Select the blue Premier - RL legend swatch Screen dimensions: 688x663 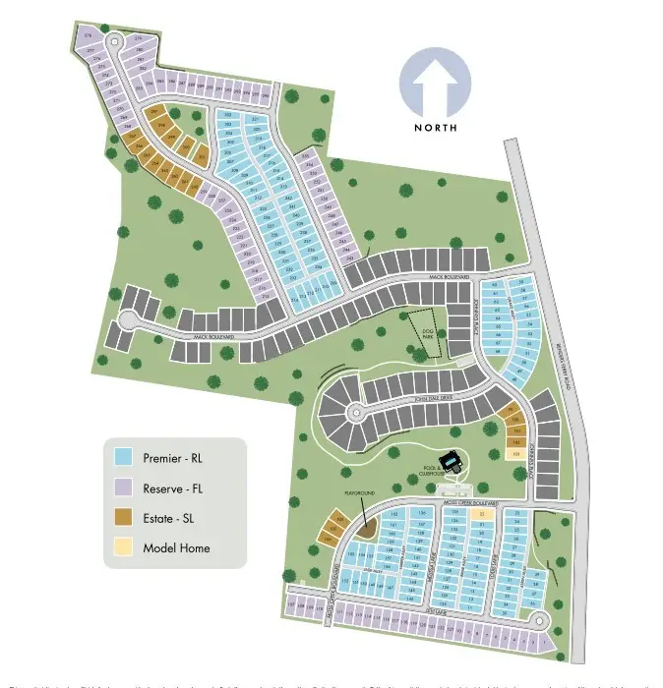[122, 457]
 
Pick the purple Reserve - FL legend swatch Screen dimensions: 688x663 [122, 487]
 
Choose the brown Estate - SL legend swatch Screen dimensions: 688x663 [122, 517]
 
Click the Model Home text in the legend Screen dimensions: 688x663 [176, 547]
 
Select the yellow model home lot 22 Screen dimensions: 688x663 [482, 513]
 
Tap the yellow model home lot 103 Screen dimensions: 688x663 [515, 455]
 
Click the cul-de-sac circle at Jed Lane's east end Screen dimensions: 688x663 [540, 620]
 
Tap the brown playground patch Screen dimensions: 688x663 [367, 529]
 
